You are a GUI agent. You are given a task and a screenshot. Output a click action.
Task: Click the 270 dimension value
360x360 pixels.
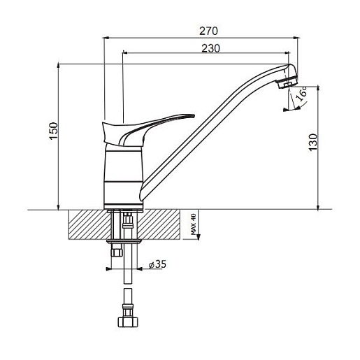(x=208, y=31)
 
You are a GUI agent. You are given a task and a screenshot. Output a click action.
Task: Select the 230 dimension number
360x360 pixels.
(x=210, y=48)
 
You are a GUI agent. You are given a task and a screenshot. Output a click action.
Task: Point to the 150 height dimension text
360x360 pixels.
(x=54, y=131)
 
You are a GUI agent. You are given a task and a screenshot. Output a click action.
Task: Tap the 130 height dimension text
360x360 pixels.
(x=313, y=143)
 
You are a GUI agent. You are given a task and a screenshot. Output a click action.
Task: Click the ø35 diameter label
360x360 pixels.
(x=157, y=264)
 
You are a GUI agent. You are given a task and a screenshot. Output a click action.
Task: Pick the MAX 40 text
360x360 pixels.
(x=194, y=224)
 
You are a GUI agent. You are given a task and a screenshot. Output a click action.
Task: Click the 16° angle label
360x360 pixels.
(x=301, y=93)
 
